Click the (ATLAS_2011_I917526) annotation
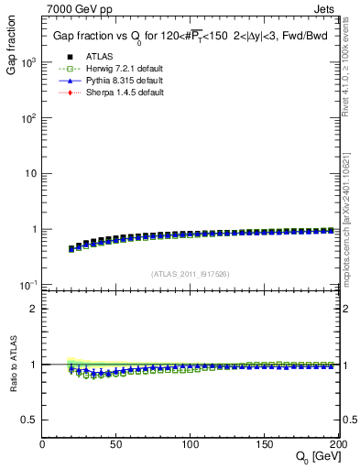191,274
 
